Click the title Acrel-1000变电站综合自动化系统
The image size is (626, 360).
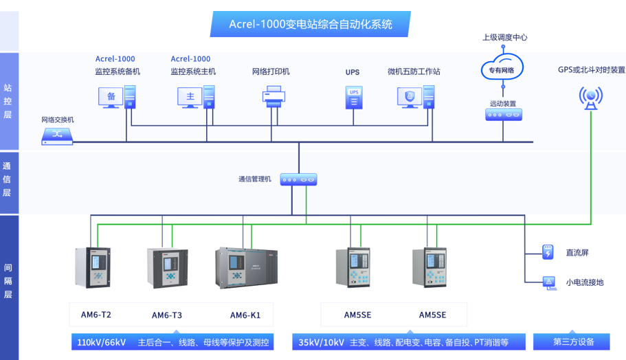click(x=310, y=24)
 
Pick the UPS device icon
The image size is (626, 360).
click(x=354, y=97)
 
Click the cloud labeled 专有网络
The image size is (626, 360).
click(x=502, y=68)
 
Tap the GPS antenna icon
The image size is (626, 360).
click(x=590, y=98)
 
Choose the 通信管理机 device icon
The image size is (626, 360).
click(x=299, y=180)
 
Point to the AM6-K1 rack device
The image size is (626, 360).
click(x=246, y=267)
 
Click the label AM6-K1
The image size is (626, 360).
click(x=245, y=315)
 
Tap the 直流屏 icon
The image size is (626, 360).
click(x=548, y=252)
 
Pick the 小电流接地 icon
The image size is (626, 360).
click(x=548, y=282)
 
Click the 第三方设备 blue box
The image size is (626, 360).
click(x=573, y=341)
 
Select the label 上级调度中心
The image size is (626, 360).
click(x=504, y=37)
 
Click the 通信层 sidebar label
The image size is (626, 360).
click(x=8, y=179)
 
